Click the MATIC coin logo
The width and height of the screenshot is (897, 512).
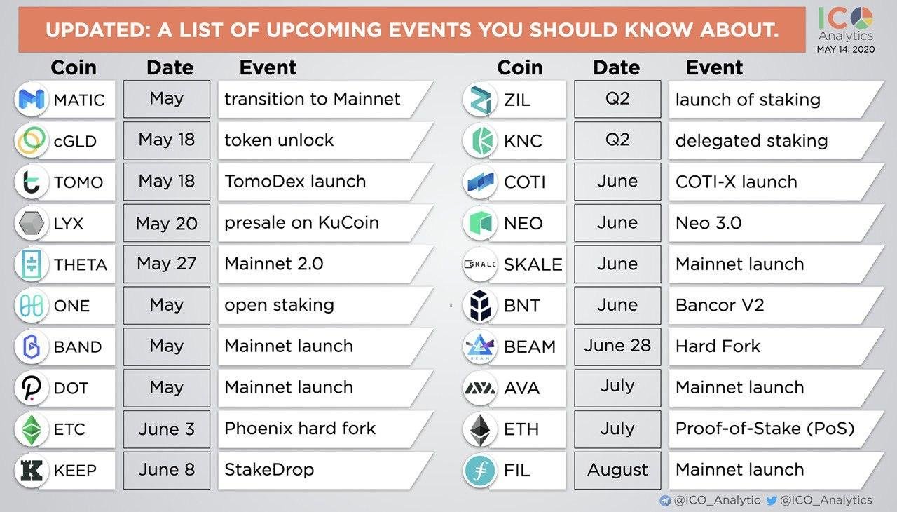(x=32, y=99)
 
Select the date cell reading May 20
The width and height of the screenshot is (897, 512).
(x=167, y=223)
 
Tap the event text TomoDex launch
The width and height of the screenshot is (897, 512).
(x=295, y=182)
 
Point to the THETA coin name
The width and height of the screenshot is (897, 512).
(x=81, y=264)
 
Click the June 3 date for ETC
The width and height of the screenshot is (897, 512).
(x=167, y=429)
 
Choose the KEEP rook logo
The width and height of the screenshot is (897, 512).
(x=32, y=471)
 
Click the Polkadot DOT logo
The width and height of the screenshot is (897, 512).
(x=32, y=388)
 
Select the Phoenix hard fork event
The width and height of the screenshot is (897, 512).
(x=300, y=429)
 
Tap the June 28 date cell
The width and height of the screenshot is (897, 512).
(x=617, y=346)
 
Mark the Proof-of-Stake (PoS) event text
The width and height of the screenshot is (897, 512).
(x=765, y=429)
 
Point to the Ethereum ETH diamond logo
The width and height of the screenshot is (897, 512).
(x=480, y=430)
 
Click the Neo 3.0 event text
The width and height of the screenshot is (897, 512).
(x=708, y=223)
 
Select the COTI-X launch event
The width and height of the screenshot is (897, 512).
(x=737, y=182)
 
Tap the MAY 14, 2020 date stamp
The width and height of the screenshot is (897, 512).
(x=846, y=49)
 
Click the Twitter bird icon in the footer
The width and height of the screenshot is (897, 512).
(x=772, y=500)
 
